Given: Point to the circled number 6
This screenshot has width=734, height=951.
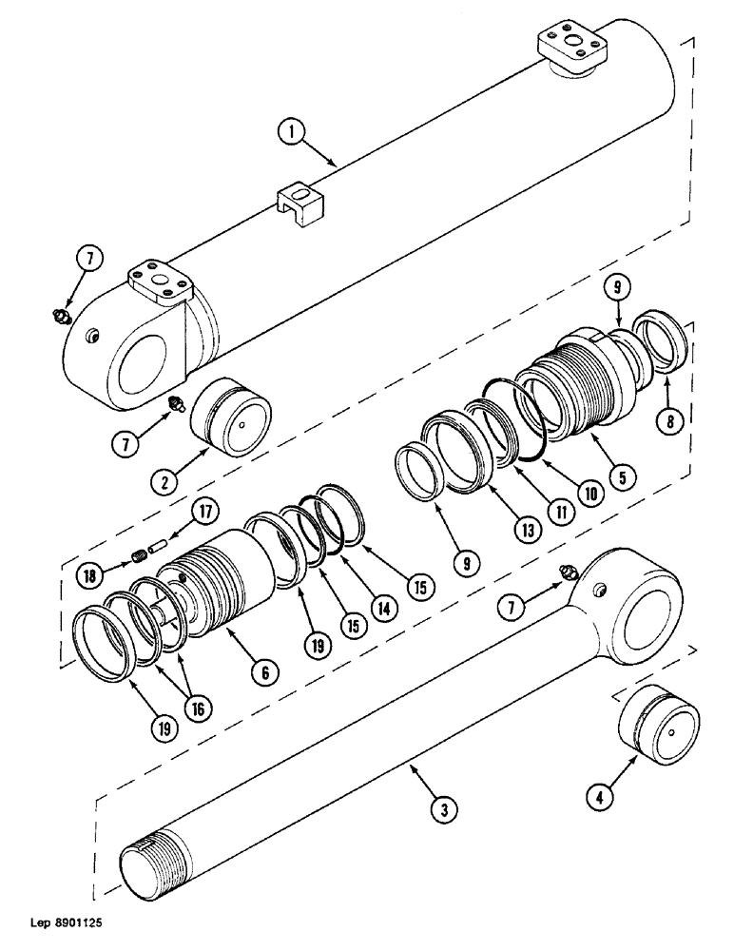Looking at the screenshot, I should click(264, 672).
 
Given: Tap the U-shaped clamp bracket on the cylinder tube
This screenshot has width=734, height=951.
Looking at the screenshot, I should click(299, 203).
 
